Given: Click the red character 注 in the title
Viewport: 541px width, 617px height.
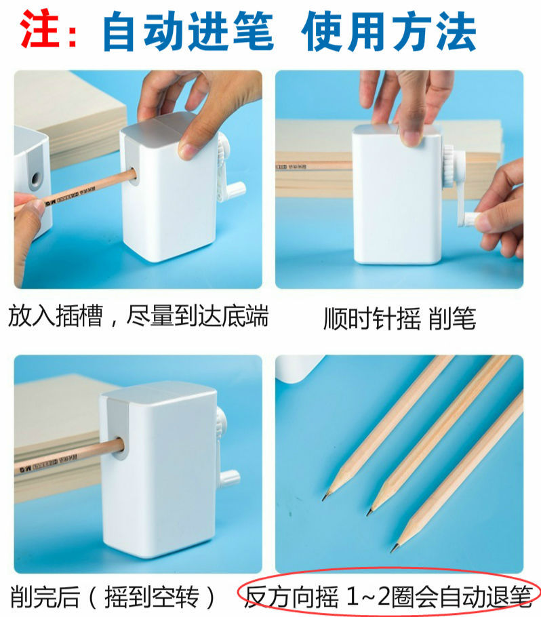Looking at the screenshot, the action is (x=39, y=28).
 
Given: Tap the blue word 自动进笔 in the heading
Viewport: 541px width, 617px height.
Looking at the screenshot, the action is (x=188, y=31).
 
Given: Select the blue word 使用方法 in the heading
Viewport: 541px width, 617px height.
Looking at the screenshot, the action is (x=389, y=31).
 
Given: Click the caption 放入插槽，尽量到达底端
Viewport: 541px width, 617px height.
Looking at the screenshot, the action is (x=138, y=315).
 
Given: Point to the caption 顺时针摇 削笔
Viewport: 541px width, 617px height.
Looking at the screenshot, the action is (x=399, y=318).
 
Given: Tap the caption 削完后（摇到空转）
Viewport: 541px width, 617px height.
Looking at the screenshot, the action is (x=112, y=597).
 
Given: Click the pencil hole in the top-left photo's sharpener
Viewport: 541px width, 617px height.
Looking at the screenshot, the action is (x=132, y=175).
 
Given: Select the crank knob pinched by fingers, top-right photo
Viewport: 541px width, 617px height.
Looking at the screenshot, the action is (x=468, y=219).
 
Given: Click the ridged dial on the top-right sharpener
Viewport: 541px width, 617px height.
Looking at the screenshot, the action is (x=449, y=165).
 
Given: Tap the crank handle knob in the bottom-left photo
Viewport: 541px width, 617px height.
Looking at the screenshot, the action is (x=230, y=477).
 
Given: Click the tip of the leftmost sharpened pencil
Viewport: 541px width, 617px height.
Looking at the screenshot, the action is (x=324, y=499).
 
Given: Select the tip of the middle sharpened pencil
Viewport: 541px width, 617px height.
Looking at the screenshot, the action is (x=369, y=513).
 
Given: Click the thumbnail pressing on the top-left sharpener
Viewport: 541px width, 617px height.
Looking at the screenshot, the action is (x=187, y=151).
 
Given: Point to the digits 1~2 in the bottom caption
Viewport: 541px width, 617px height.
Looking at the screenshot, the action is (x=367, y=597).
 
